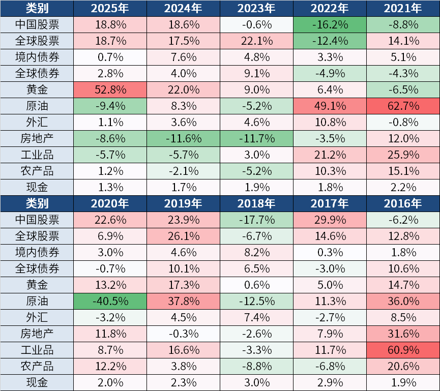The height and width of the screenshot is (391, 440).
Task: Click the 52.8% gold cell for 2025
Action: [x=110, y=90]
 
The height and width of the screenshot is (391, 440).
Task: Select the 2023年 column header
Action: [x=256, y=8]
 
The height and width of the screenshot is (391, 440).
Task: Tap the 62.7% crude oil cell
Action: [x=403, y=106]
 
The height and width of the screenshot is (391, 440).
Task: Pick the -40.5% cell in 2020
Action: [x=110, y=301]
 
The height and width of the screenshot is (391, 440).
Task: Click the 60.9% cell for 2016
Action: [x=403, y=350]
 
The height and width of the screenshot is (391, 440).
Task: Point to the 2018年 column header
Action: [x=256, y=203]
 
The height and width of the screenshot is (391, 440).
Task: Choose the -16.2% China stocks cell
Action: [x=330, y=24]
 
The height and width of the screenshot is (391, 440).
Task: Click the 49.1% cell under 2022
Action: [x=330, y=106]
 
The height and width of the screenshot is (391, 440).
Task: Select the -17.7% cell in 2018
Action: [x=256, y=220]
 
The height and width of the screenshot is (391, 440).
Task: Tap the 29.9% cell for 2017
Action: [x=330, y=220]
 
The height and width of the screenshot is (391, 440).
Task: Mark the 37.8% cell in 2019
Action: [x=183, y=301]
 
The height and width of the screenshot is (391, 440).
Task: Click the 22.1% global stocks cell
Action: [x=256, y=41]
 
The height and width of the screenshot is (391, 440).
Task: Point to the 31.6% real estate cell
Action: [x=403, y=334]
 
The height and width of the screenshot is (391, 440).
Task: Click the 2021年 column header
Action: [x=403, y=8]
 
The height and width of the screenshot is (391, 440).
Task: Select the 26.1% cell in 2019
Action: [x=183, y=236]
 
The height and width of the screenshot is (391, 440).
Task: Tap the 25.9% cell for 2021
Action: [x=403, y=155]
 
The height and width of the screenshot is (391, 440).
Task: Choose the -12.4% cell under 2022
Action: [x=330, y=41]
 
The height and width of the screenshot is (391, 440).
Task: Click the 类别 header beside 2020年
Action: [x=37, y=203]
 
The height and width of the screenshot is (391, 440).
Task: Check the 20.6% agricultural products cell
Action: [x=403, y=366]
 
